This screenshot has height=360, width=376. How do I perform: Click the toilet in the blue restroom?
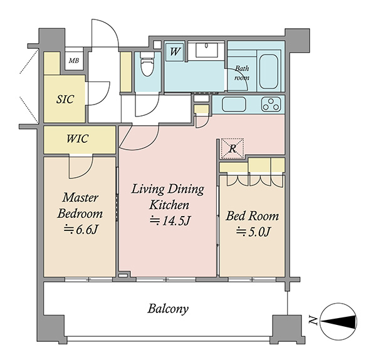[147, 64]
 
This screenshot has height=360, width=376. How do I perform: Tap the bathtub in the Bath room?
[269, 71]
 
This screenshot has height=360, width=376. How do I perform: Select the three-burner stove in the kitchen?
[271, 105]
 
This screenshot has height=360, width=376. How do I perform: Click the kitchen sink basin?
[234, 105]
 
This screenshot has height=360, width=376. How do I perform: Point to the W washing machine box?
[175, 52]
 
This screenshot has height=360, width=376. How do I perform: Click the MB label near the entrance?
[74, 61]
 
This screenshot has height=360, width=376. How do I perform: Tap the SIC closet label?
[65, 99]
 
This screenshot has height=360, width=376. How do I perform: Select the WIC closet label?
[78, 139]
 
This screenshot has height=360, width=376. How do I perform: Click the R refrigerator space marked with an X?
[232, 148]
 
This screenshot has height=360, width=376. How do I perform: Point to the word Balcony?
[168, 309]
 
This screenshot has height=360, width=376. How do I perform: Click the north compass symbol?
[338, 321]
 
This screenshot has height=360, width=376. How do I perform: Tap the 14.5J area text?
[170, 221]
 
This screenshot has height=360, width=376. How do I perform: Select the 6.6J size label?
[81, 230]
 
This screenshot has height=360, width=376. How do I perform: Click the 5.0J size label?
[253, 232]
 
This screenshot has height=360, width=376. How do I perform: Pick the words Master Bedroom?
[80, 205]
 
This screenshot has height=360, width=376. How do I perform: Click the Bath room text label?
[242, 73]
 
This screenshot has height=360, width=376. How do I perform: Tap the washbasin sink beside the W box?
[207, 50]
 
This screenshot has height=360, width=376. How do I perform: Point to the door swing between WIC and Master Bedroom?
[81, 167]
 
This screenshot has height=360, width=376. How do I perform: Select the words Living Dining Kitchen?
[168, 197]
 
